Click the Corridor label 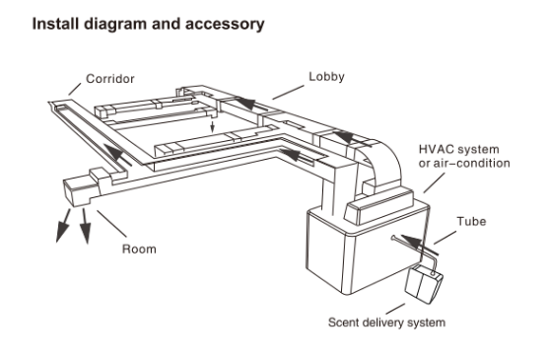[109, 79]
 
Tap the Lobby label [326, 77]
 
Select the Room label [139, 249]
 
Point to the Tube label [471, 221]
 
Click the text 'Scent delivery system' [386, 323]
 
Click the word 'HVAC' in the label [436, 149]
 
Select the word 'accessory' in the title [225, 24]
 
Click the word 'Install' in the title [55, 24]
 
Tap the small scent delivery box [424, 283]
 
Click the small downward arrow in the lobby [212, 127]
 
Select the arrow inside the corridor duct [117, 154]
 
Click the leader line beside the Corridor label [75, 89]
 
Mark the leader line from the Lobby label [288, 92]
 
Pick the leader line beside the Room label [111, 224]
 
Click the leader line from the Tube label [444, 238]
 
